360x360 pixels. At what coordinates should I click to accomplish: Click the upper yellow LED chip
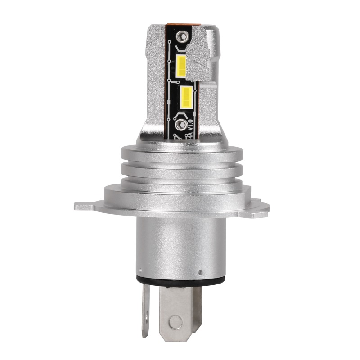tap(181, 66)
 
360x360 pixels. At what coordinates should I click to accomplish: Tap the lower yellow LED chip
tap(186, 97)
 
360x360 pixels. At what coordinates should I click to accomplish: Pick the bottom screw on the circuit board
tap(182, 124)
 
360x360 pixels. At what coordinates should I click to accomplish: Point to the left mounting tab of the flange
tap(85, 206)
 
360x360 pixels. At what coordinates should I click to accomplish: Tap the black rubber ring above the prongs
tap(180, 282)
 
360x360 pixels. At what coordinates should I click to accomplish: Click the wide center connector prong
tap(178, 310)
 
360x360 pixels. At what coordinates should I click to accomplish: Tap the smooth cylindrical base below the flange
tap(180, 245)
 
